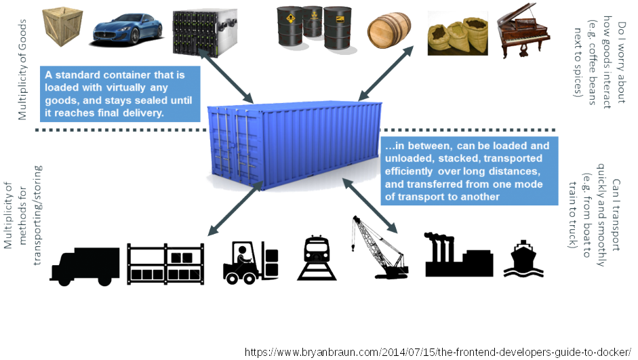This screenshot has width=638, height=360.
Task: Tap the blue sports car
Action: click(x=127, y=28)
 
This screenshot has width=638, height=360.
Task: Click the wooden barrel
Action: click(x=388, y=31)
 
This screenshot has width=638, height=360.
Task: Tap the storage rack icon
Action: click(x=167, y=263)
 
